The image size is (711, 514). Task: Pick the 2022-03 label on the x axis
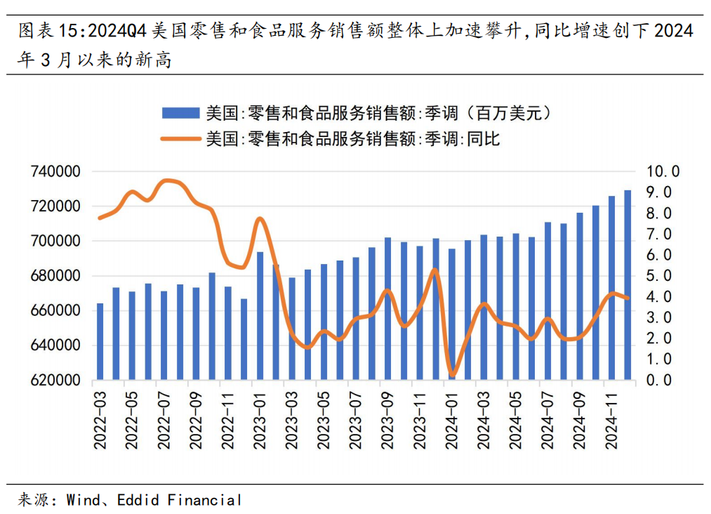tap(100, 419)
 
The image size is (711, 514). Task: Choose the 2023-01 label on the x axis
tap(260, 419)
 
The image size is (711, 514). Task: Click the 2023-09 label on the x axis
tap(388, 419)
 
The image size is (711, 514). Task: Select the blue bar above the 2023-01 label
tap(260, 316)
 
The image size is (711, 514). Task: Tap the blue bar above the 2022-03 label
tap(100, 342)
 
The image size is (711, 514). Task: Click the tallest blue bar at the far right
tap(627, 285)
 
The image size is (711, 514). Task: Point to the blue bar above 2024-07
tap(547, 301)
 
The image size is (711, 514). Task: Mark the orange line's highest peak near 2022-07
tap(167, 180)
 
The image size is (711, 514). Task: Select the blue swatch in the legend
tap(181, 113)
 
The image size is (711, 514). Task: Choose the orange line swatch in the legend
tap(181, 138)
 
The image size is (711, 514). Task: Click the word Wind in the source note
tap(80, 500)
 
